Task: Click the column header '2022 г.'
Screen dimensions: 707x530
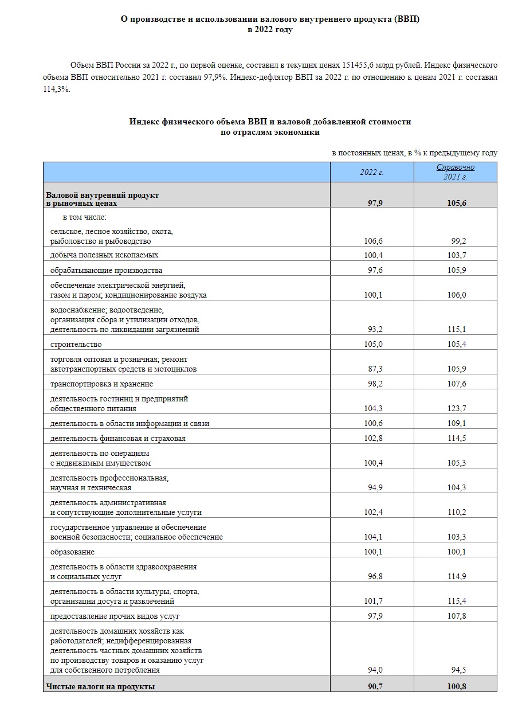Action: tap(371, 172)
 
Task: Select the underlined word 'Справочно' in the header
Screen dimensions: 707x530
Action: tap(456, 167)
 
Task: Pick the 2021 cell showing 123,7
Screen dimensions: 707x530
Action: tap(457, 409)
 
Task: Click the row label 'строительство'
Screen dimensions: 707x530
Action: tap(76, 344)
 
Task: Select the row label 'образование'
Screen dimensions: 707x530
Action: tap(72, 552)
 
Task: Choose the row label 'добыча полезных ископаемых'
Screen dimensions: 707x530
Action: tap(104, 255)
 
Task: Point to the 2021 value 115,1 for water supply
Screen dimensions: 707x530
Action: tap(457, 330)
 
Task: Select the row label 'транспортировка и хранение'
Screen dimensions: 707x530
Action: tap(101, 384)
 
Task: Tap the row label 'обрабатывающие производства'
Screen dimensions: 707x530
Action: tap(106, 270)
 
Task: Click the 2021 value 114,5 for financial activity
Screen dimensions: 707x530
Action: tap(457, 439)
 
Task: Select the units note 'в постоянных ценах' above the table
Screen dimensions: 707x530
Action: tap(368, 153)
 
